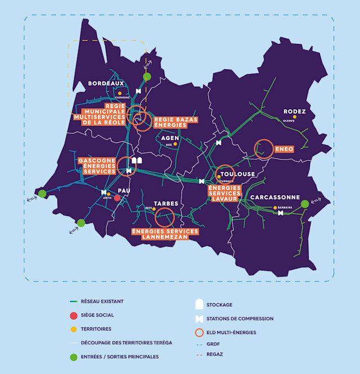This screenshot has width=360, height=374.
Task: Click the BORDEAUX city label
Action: pos(106,83)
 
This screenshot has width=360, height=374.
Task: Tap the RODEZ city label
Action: pos(294,111)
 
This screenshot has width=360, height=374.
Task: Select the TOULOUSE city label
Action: pos(238,174)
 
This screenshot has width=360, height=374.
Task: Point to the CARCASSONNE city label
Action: pos(275,197)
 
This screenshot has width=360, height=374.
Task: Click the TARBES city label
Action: pos(166,203)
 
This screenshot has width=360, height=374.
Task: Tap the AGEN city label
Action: pos(170,138)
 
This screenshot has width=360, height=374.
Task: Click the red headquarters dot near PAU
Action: pos(117,198)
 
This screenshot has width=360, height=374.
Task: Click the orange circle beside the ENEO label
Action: pos(264,148)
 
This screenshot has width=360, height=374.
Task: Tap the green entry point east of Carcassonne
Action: pos(305,204)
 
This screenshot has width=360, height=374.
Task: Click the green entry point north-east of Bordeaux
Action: pos(147,76)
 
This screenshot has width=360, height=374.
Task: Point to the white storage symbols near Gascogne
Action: pos(137,161)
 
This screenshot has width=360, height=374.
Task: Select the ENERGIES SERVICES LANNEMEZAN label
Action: pos(165,234)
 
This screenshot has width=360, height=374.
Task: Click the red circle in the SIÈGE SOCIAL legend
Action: pos(74,316)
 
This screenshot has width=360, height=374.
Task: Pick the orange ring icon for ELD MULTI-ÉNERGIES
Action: pos(199,332)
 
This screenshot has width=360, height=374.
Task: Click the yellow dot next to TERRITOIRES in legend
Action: pos(74,329)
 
